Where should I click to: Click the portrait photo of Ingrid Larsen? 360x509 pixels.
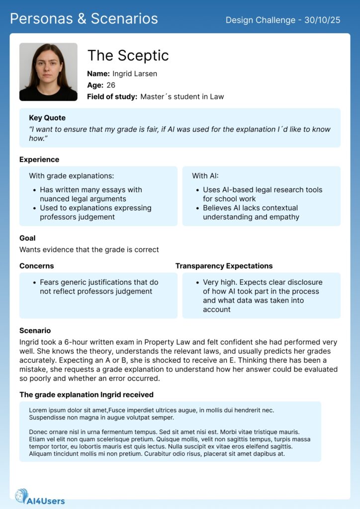pyautogui.click(x=48, y=72)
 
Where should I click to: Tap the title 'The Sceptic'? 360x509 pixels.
pyautogui.click(x=128, y=56)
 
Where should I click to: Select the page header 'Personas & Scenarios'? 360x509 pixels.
pyautogui.click(x=84, y=19)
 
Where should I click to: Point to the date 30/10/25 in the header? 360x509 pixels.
pyautogui.click(x=323, y=20)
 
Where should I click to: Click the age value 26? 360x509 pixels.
pyautogui.click(x=111, y=85)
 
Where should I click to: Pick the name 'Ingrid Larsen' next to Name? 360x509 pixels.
pyautogui.click(x=135, y=74)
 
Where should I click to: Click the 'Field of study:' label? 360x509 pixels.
pyautogui.click(x=112, y=96)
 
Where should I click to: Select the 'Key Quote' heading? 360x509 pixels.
pyautogui.click(x=47, y=118)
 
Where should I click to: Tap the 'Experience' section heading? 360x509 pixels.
pyautogui.click(x=39, y=160)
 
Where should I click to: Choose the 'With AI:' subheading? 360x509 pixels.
pyautogui.click(x=205, y=175)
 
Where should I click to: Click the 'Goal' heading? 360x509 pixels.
pyautogui.click(x=27, y=238)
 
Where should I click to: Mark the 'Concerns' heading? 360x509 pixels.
pyautogui.click(x=36, y=266)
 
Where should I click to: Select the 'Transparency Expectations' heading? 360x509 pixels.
pyautogui.click(x=224, y=266)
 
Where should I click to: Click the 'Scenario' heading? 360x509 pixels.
pyautogui.click(x=35, y=330)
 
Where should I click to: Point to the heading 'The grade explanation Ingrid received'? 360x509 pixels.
pyautogui.click(x=86, y=395)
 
